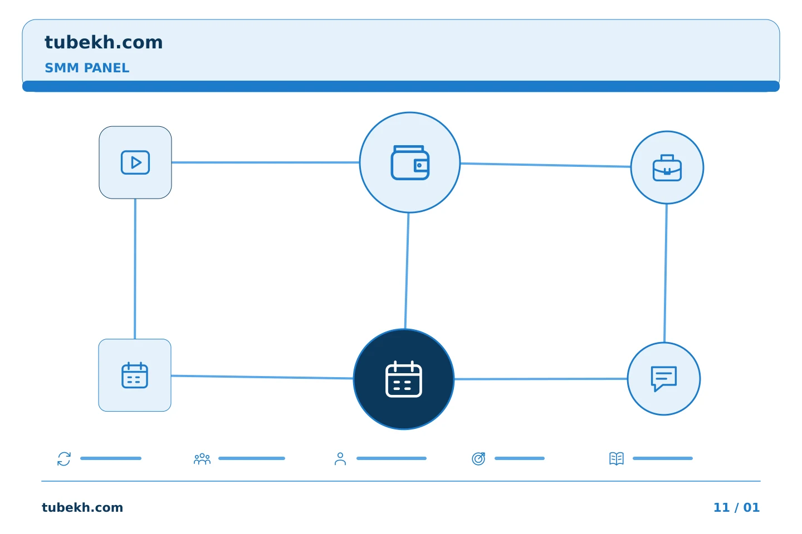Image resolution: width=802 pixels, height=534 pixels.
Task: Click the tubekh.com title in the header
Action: (104, 42)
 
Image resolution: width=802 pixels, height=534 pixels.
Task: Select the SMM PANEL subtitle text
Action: (87, 68)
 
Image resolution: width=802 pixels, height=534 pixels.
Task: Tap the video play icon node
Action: (135, 162)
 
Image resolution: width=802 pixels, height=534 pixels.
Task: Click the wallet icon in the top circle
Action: (410, 162)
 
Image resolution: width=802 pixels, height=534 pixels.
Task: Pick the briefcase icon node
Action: (667, 167)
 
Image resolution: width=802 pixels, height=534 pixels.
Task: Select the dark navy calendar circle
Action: (404, 379)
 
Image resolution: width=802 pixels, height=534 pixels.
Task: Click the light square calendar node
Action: (135, 375)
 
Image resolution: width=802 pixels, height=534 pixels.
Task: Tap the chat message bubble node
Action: (664, 379)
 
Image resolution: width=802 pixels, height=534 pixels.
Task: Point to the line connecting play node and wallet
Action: (265, 162)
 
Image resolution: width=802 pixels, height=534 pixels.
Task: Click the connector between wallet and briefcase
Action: (545, 165)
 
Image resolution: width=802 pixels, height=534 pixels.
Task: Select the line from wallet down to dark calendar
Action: (407, 271)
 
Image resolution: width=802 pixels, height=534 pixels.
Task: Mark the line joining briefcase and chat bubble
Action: (666, 273)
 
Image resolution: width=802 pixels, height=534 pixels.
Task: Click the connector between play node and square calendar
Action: (135, 269)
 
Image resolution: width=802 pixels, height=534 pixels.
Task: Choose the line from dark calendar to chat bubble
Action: (541, 379)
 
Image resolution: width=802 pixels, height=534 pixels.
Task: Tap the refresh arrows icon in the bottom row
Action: (64, 458)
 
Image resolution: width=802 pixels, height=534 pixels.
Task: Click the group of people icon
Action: (202, 458)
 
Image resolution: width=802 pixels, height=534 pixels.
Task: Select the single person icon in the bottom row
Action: (340, 458)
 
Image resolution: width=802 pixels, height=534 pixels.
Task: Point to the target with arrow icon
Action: (478, 458)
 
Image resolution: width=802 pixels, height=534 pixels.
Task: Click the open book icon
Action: (617, 458)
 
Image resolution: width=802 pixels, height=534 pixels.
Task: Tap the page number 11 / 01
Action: (736, 507)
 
